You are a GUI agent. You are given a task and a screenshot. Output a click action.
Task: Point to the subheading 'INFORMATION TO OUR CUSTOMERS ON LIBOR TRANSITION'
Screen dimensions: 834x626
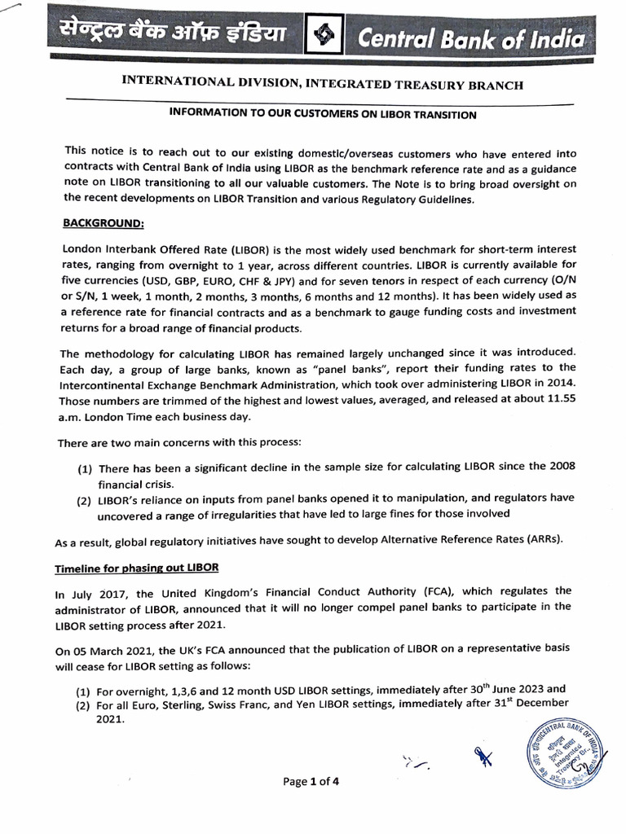pyautogui.click(x=322, y=115)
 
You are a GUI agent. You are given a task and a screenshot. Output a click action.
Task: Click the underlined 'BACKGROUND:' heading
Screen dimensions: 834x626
pyautogui.click(x=104, y=222)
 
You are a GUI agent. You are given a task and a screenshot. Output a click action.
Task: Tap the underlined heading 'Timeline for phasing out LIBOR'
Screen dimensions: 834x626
pyautogui.click(x=137, y=567)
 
